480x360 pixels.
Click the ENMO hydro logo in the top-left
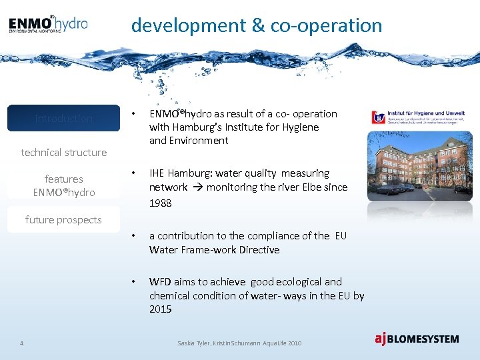tap(48, 25)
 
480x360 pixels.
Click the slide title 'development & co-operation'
tap(257, 25)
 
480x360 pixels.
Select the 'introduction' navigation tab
tap(64, 119)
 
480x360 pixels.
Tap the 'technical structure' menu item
tap(64, 153)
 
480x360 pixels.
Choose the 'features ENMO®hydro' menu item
tap(64, 185)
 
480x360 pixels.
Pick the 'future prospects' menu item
tap(64, 220)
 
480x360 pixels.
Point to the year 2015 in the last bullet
tap(161, 309)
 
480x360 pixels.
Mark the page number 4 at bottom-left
tap(22, 343)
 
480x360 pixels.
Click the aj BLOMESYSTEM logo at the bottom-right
tap(417, 339)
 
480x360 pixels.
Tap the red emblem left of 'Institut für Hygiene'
tap(378, 118)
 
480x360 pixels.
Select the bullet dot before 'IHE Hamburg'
tap(135, 173)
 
